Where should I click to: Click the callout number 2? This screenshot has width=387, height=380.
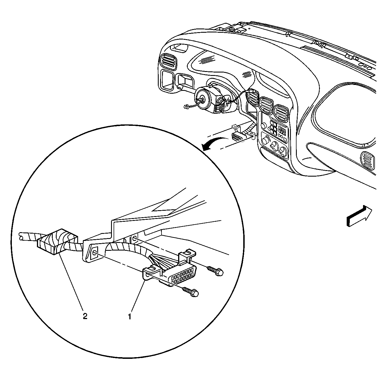pyautogui.click(x=85, y=316)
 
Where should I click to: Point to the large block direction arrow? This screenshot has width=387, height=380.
pyautogui.click(x=359, y=216)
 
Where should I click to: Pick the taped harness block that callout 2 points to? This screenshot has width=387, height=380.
pyautogui.click(x=57, y=242)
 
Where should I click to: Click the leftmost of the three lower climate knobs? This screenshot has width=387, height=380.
pyautogui.click(x=266, y=140)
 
